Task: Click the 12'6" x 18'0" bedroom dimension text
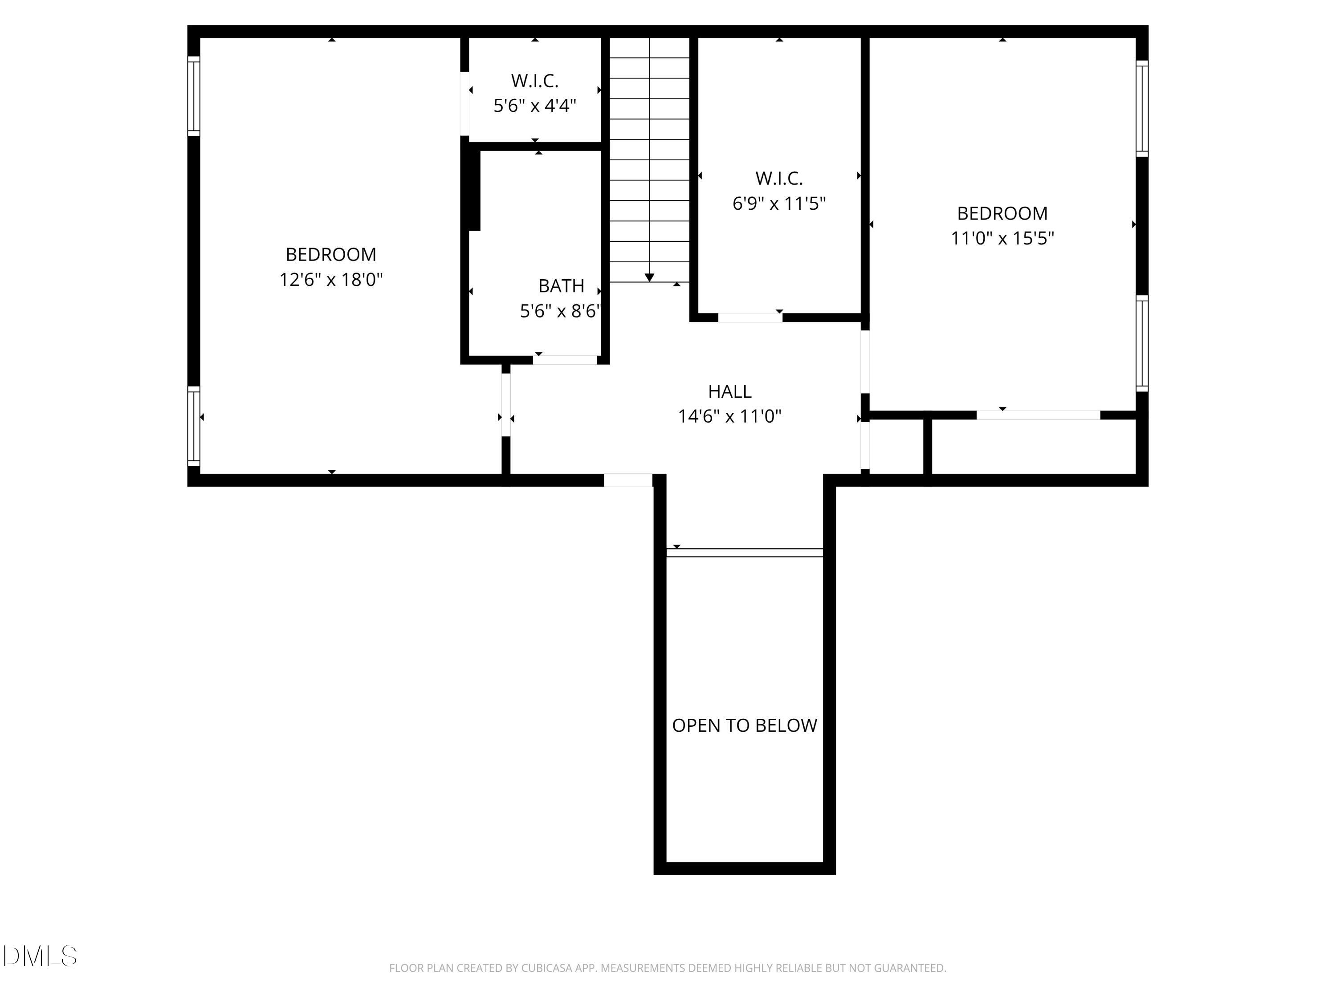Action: [x=331, y=280]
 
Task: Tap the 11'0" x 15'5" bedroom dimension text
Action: [x=1002, y=239]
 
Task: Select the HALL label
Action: [x=729, y=391]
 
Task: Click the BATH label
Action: [x=561, y=286]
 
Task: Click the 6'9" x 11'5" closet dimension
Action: [x=778, y=204]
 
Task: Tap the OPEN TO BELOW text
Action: [x=744, y=725]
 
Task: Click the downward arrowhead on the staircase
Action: [x=649, y=277]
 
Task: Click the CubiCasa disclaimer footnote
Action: [x=668, y=968]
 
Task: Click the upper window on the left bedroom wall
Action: [x=193, y=96]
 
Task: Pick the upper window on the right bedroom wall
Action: [x=1141, y=108]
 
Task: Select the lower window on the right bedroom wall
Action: [x=1141, y=343]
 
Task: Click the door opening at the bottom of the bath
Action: [x=565, y=360]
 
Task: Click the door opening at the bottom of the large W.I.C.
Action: [x=749, y=318]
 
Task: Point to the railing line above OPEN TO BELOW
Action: [x=744, y=553]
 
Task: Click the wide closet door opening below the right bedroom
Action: [x=1038, y=415]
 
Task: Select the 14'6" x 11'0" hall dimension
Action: [x=729, y=417]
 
